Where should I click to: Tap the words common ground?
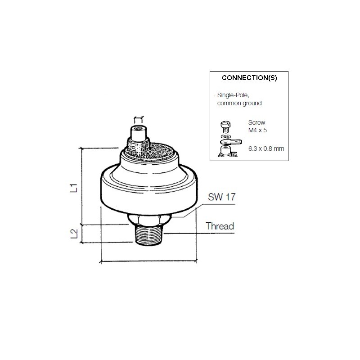[x=239, y=103]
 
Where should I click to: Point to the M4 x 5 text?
[x=257, y=130]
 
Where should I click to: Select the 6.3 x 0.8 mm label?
[x=266, y=148]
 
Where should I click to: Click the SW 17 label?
[x=221, y=197]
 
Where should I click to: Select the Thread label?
[x=220, y=226]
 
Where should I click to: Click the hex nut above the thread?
[x=150, y=219]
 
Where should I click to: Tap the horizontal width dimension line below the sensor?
[x=148, y=261]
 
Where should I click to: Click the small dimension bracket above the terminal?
[x=138, y=119]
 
